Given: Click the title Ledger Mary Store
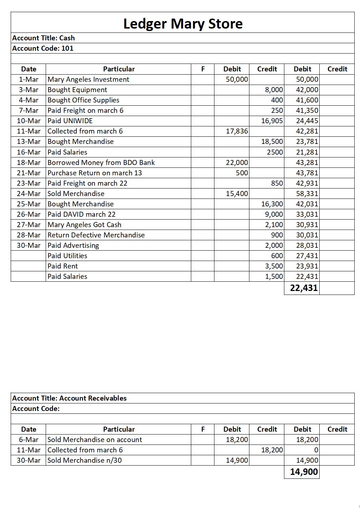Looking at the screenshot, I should click(183, 24).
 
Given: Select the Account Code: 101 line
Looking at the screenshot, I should click(43, 48).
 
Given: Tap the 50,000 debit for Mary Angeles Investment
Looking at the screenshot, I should click(237, 79).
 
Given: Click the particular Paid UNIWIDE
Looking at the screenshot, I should click(70, 121).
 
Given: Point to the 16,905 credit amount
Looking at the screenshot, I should click(272, 121).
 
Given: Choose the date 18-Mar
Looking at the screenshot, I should click(29, 162).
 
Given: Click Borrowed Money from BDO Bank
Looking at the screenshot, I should click(101, 162).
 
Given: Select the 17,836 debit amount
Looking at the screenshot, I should click(237, 131).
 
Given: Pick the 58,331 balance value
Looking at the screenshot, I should click(307, 194).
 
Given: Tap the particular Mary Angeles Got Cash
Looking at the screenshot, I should click(84, 225).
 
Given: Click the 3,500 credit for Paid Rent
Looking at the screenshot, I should click(274, 266).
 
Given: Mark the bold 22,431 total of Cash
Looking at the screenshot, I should click(304, 288).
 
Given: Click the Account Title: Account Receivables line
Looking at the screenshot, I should click(69, 398).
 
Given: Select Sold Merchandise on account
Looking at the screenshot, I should click(95, 440).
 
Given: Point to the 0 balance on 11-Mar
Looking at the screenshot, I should click(316, 450).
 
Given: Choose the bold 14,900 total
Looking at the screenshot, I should click(304, 472).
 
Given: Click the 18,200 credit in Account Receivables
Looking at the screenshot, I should click(272, 450).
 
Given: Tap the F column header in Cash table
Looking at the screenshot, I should click(203, 69).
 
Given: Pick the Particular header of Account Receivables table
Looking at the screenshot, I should click(119, 429).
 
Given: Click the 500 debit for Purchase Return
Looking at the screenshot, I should click(242, 173).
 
